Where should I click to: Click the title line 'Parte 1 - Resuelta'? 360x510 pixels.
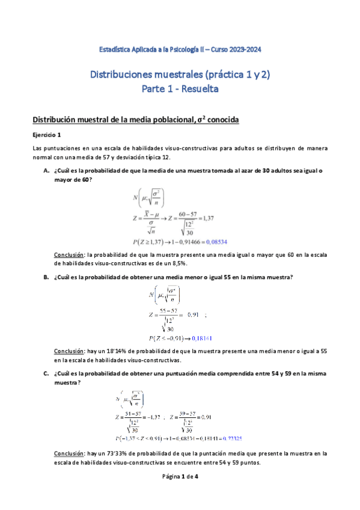point(180,89)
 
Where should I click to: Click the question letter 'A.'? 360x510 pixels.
point(46,171)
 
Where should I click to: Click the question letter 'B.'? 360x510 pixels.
point(46,277)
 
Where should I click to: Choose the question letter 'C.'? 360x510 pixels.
point(46,373)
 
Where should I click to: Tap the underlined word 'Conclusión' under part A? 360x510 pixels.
point(69,255)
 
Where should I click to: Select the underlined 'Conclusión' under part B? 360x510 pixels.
point(69,352)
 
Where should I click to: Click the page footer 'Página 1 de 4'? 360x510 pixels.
point(180,493)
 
